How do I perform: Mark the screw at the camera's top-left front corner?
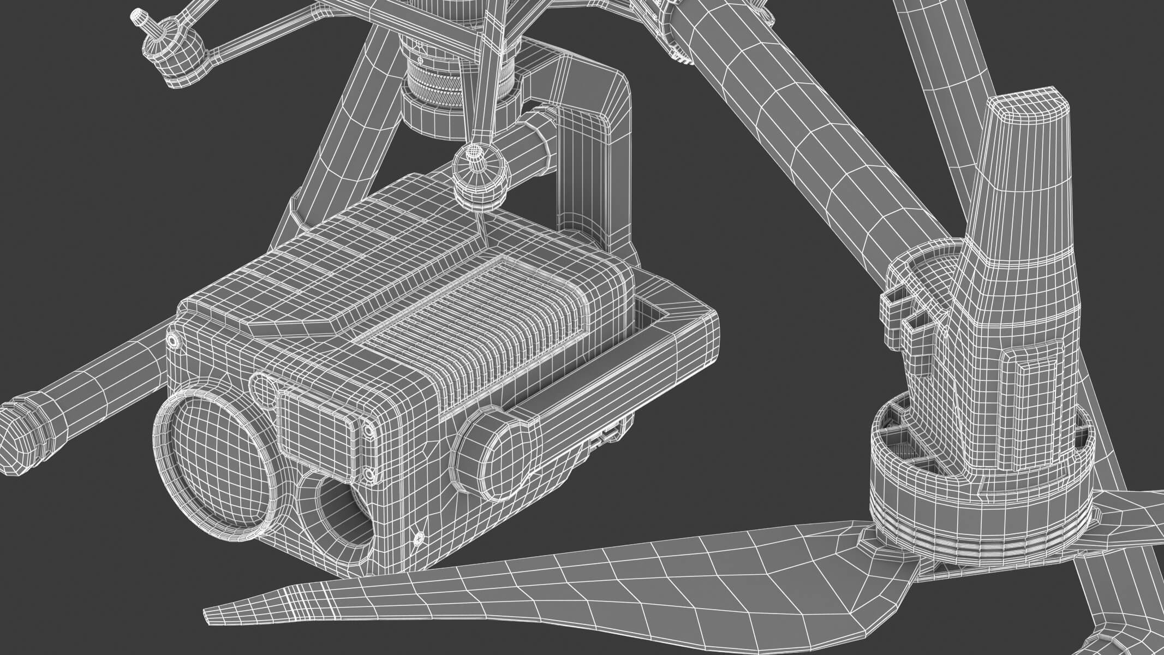(173, 340)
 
